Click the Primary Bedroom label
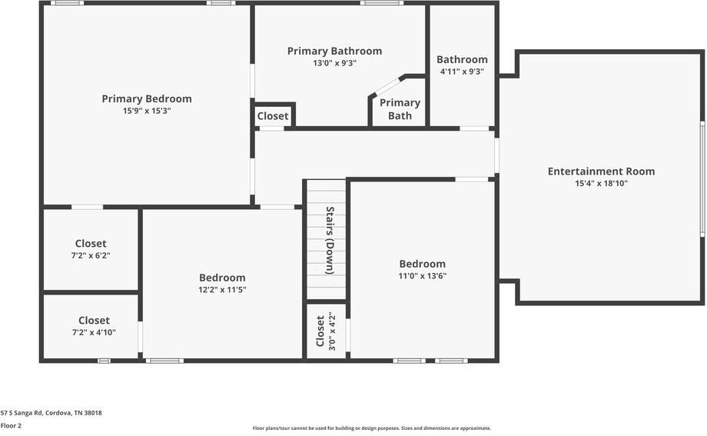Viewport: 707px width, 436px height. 147,98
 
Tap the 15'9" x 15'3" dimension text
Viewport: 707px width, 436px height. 147,111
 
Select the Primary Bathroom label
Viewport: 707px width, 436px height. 334,51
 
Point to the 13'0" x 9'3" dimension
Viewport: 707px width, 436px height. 334,63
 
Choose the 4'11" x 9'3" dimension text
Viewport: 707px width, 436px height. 462,72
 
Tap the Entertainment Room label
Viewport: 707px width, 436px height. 601,171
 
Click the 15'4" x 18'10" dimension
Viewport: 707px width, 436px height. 601,183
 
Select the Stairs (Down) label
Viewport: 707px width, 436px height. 330,241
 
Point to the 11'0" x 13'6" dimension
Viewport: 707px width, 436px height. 422,276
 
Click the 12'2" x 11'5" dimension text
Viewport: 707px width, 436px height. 222,290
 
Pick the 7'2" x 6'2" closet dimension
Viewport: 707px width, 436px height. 91,255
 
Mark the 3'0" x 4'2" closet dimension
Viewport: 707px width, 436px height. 332,331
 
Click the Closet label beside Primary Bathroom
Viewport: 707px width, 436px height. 273,116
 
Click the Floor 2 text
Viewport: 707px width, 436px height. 11,425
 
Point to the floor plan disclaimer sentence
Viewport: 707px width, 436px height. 372,428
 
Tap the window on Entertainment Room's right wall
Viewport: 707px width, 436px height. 702,178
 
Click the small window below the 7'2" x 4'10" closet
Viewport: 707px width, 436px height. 104,361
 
